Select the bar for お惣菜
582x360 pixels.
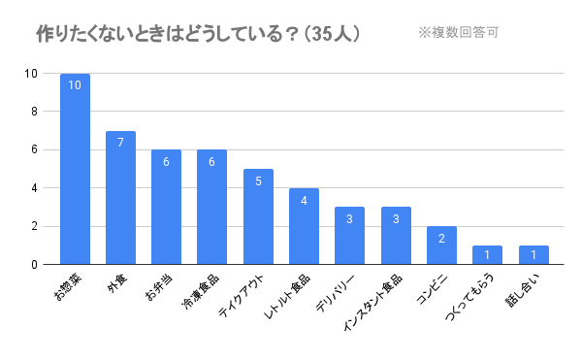[x=75, y=169]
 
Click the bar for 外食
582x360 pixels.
[x=120, y=198]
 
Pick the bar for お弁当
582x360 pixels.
[x=166, y=207]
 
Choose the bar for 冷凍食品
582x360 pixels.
[x=211, y=207]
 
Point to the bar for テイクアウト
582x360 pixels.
[x=258, y=216]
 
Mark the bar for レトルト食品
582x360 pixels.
[x=304, y=226]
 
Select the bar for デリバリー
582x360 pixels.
[x=349, y=236]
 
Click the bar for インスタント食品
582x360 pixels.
[x=396, y=236]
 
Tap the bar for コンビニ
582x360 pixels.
[x=441, y=245]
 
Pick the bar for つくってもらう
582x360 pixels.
[x=487, y=255]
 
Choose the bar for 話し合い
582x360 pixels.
[x=533, y=255]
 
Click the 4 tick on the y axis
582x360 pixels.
[x=35, y=188]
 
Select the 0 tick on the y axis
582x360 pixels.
[x=35, y=264]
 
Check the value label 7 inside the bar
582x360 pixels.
[x=120, y=143]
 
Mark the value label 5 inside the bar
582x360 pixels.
[x=258, y=180]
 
